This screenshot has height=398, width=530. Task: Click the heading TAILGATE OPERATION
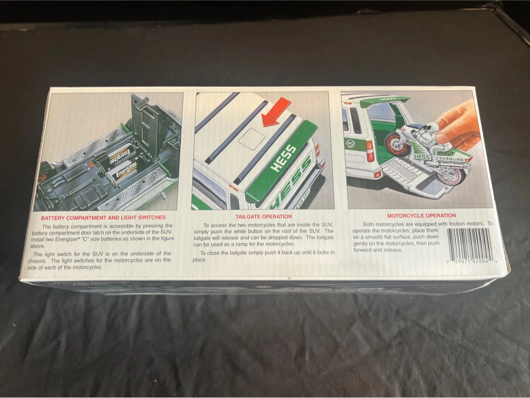(264, 217)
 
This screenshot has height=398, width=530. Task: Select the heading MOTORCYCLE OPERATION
(422, 216)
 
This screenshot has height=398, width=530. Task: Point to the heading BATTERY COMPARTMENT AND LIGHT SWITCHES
(104, 217)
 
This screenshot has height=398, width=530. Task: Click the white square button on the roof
(251, 139)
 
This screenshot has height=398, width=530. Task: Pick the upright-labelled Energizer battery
(123, 172)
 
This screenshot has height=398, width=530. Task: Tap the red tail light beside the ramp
(369, 151)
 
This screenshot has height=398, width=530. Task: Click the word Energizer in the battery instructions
(67, 239)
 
